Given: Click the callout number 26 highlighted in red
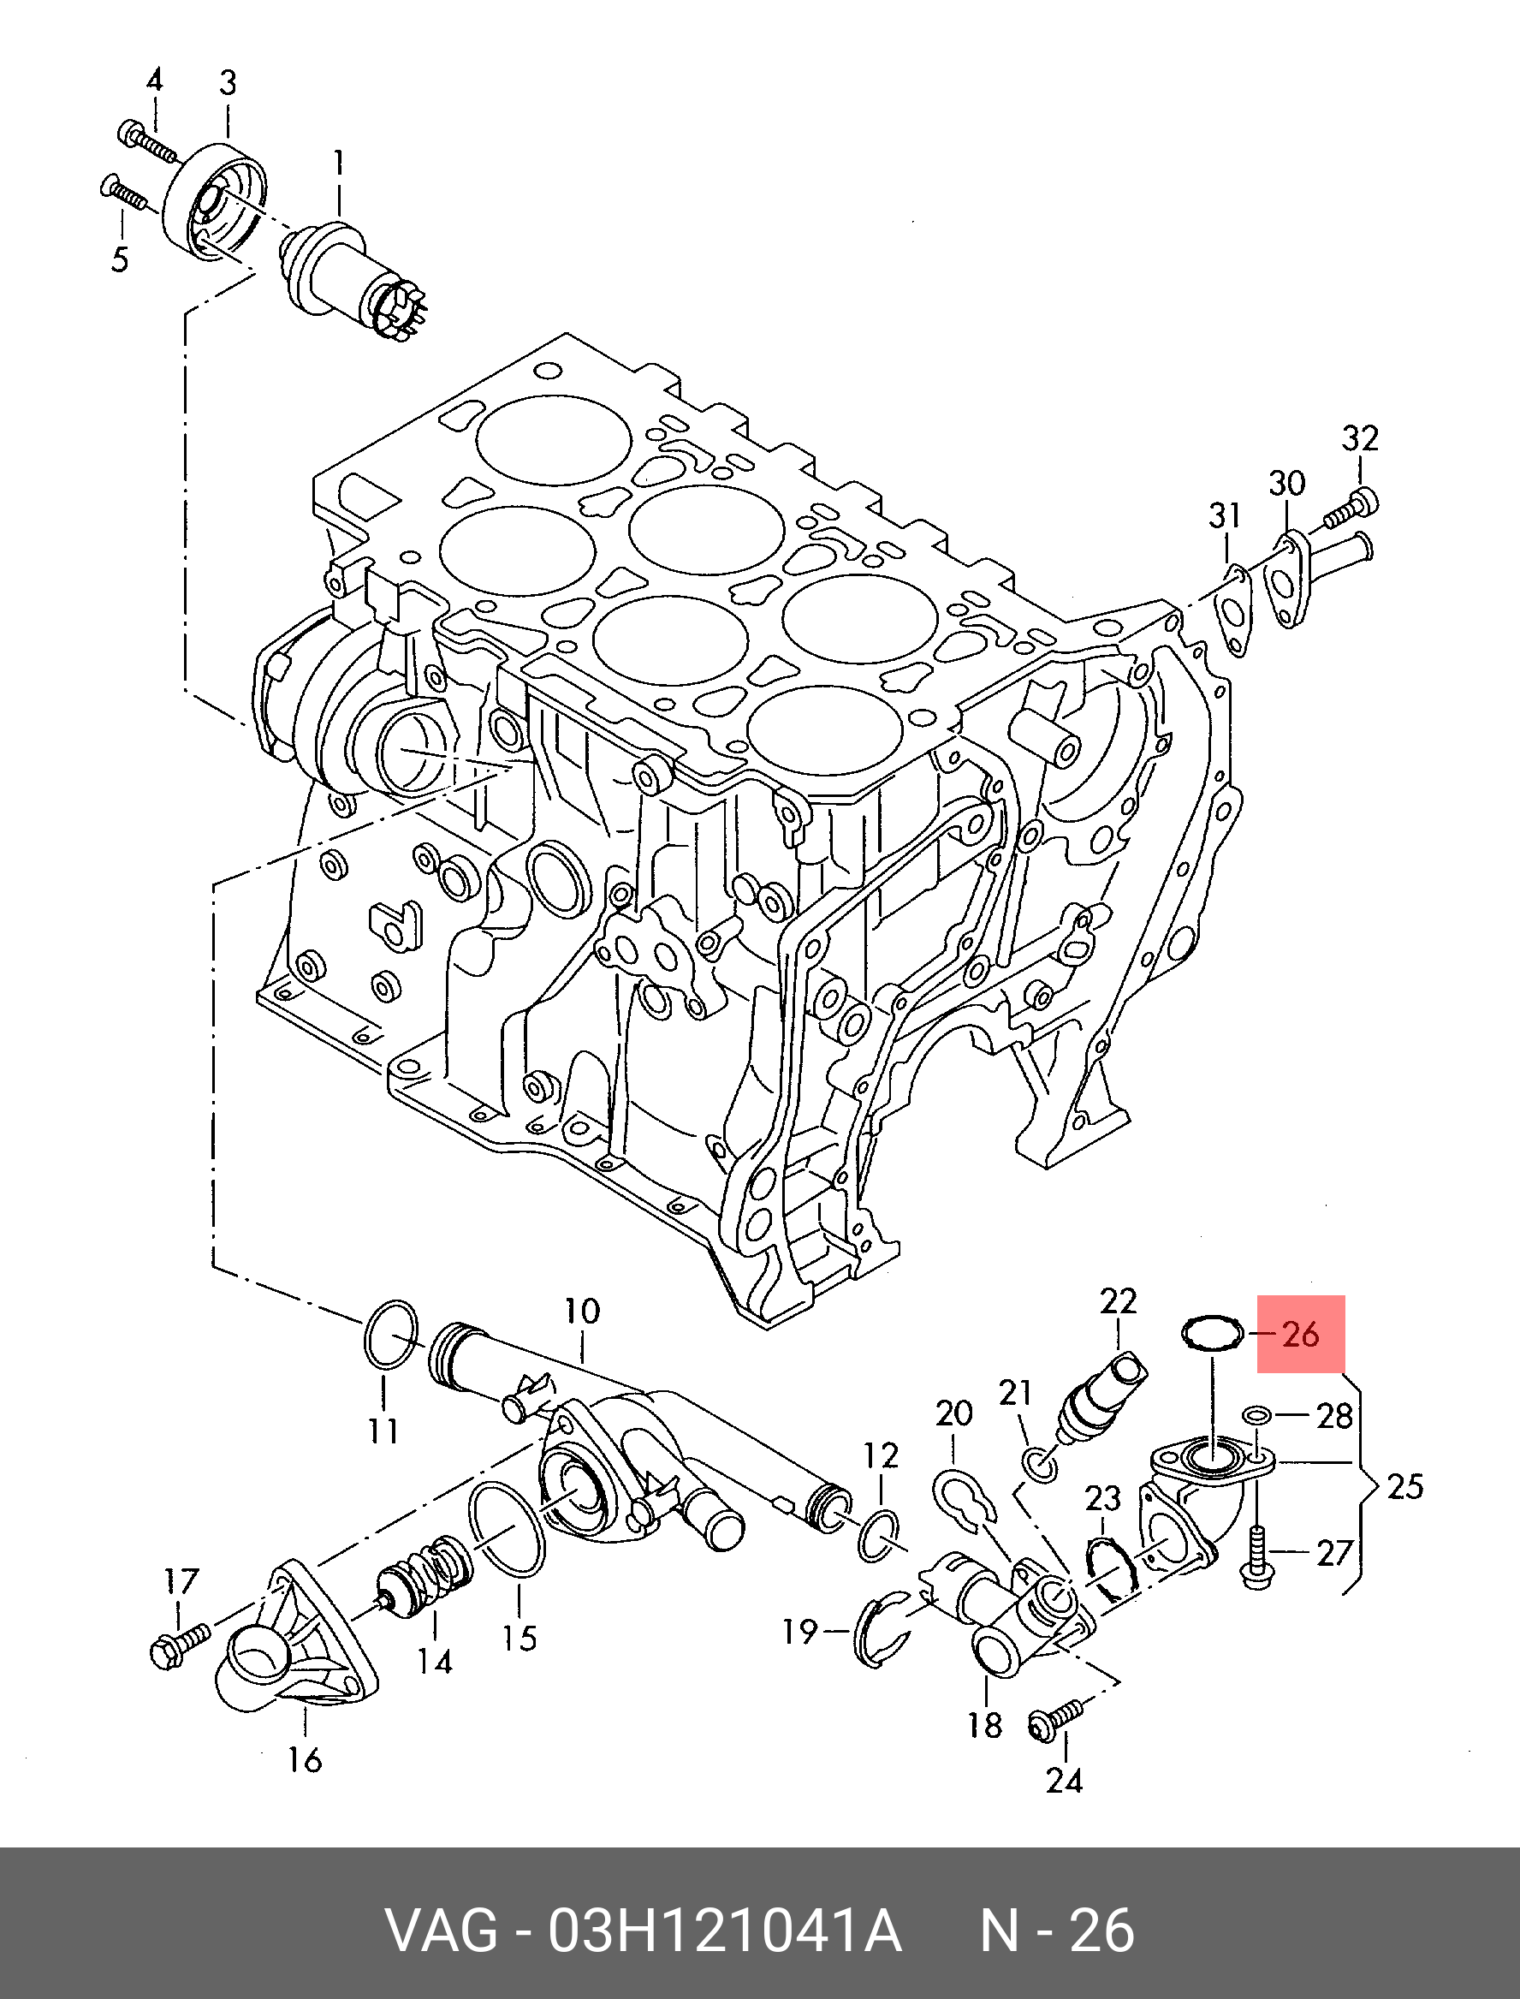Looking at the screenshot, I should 1301,1335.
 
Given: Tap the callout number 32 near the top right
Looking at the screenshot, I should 1360,439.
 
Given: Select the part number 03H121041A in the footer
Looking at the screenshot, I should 724,1931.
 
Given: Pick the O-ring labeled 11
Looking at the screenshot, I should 391,1336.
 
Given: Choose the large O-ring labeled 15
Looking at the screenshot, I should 507,1529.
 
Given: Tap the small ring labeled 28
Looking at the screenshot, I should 1256,1414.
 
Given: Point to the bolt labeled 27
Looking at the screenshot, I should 1257,1558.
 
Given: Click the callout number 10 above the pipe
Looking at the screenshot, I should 582,1312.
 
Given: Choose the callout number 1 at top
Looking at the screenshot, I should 338,164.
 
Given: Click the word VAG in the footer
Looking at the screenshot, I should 442,1931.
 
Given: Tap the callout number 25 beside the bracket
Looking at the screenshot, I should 1404,1486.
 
